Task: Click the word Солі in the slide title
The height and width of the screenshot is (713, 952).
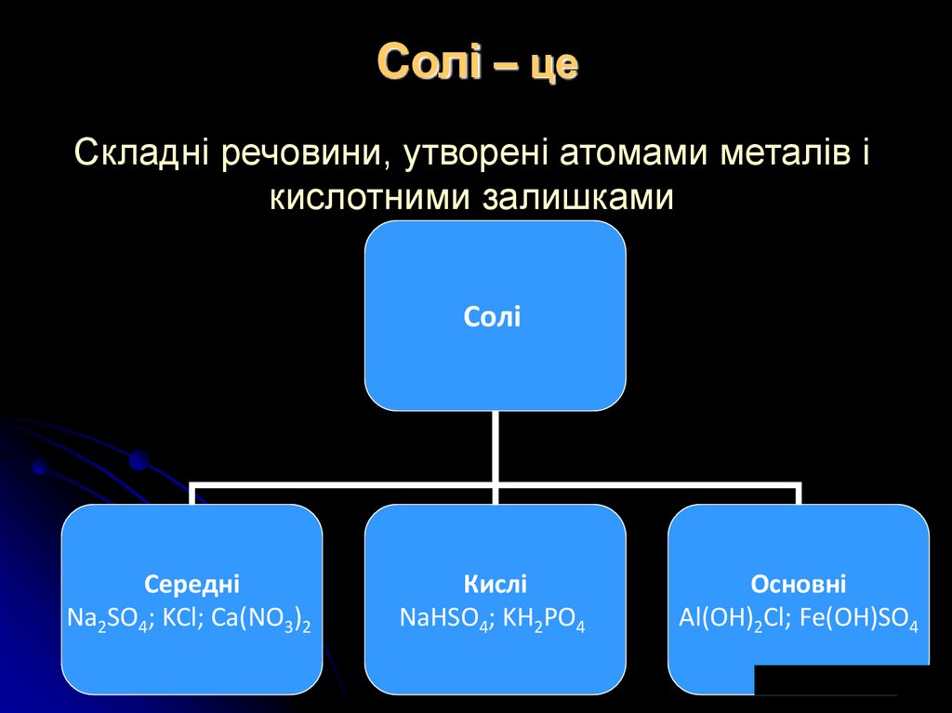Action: coord(430,64)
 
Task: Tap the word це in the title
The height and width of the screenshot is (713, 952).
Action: coord(554,66)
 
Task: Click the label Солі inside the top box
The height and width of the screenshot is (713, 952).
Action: coord(493,317)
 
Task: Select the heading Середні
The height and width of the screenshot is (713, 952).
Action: coord(192,585)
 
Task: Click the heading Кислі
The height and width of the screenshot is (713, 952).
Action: coord(495,585)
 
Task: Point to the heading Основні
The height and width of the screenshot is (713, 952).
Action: coord(798,585)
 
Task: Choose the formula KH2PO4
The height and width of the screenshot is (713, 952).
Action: coord(545,620)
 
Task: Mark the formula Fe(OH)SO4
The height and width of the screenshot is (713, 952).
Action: coord(859,620)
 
